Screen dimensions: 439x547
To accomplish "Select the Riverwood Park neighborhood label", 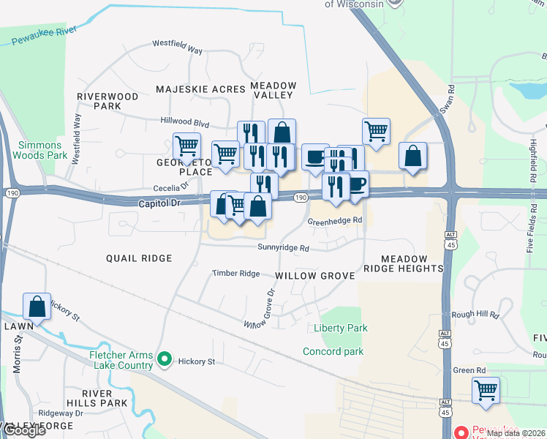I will [x=107, y=101].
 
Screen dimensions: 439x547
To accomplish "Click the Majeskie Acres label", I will [x=200, y=89].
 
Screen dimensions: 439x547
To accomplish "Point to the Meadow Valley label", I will [x=273, y=90].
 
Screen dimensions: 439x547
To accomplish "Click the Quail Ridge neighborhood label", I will [x=139, y=258].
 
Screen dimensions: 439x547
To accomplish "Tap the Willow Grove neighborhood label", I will [x=314, y=276].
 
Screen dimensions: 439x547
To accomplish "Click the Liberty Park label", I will [x=340, y=329].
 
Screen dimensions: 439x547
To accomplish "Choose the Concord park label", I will [x=333, y=352].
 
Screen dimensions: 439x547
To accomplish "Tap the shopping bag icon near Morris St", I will [x=37, y=307].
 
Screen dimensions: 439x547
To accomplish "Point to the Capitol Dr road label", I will [x=159, y=203].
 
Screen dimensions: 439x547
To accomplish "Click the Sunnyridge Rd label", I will [x=283, y=248].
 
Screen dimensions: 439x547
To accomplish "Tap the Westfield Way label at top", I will [x=177, y=48].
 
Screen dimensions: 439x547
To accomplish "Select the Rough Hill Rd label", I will [x=475, y=315].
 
